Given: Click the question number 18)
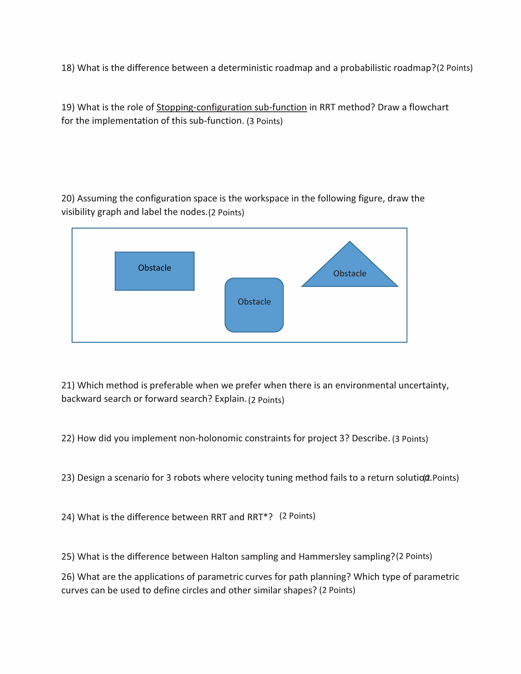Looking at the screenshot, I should point(68,68).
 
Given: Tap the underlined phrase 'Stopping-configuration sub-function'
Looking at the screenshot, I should point(232,107).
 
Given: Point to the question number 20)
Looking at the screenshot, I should point(68,198).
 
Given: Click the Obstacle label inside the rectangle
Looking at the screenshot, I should point(154,268).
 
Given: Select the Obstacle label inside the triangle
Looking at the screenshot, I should point(350,273).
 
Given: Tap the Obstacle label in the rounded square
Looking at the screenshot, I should point(254,302).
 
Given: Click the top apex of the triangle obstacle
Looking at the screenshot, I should point(350,242).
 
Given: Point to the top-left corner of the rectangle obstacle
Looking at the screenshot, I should point(115,252).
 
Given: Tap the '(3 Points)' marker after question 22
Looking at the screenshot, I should point(410,439).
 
